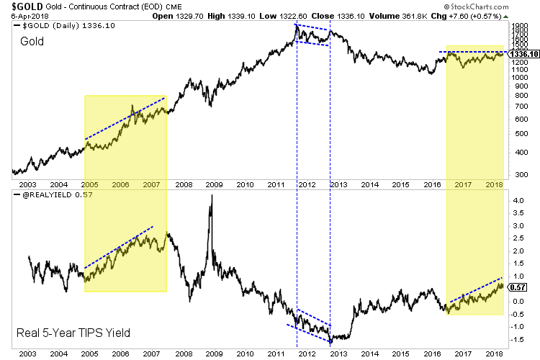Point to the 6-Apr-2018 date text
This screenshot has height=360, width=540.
23,15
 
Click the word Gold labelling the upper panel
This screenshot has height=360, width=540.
32,42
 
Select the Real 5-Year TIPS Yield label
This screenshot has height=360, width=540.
64,333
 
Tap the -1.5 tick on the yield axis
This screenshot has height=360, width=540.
516,338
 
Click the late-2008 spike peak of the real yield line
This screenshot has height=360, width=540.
211,195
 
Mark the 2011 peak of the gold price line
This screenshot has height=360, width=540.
297,25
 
